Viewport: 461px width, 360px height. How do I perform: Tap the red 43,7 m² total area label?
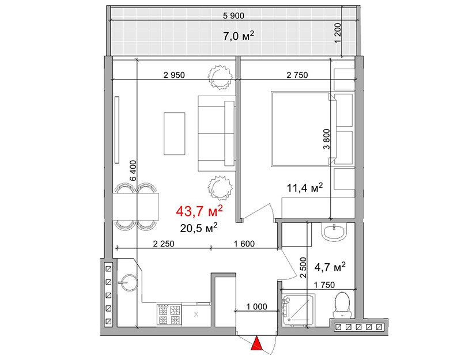199,211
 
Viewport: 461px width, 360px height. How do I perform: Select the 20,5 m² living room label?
199,228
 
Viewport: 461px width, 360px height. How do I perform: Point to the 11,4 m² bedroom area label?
305,188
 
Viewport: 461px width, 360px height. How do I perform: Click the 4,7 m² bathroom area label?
330,267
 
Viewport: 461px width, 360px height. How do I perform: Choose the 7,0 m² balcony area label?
239,36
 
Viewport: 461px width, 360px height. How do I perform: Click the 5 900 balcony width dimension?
233,16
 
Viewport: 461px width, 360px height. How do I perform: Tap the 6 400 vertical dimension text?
133,170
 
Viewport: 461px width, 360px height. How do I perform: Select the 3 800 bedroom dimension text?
327,139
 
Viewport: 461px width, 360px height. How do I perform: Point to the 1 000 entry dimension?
256,306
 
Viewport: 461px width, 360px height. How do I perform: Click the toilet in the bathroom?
342,305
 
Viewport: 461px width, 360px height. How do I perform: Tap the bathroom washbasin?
334,232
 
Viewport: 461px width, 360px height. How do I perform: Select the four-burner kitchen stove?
169,314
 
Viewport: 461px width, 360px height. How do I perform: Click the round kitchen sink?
128,283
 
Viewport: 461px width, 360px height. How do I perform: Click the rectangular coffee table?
175,134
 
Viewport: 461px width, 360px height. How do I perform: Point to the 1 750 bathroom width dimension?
324,285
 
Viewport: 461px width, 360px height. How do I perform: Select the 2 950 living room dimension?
174,75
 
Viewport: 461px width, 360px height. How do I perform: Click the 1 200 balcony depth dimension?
338,33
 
